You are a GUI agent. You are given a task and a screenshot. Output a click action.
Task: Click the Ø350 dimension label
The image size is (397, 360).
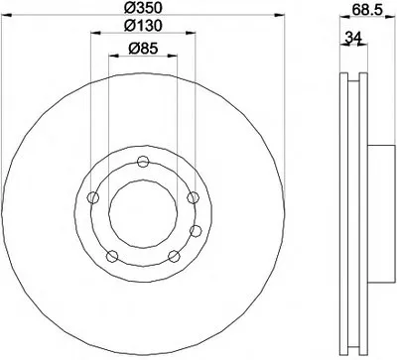point(143,7)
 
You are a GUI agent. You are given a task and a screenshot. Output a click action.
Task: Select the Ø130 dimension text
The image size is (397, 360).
point(143,26)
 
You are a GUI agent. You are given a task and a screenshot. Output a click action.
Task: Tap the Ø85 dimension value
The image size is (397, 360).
point(143,49)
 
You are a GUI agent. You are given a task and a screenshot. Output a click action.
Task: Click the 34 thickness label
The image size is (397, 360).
point(352,37)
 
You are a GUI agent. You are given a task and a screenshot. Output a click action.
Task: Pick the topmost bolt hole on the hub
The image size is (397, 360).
point(143,162)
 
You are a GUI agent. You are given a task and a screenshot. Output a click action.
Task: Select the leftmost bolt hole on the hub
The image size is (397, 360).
point(93,198)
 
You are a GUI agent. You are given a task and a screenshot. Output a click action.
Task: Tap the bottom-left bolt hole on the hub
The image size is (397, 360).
point(112,256)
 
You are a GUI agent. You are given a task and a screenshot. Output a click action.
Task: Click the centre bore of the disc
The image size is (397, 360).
point(143,214)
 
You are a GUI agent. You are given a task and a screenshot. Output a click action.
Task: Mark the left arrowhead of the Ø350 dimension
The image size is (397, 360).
point(7,15)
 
